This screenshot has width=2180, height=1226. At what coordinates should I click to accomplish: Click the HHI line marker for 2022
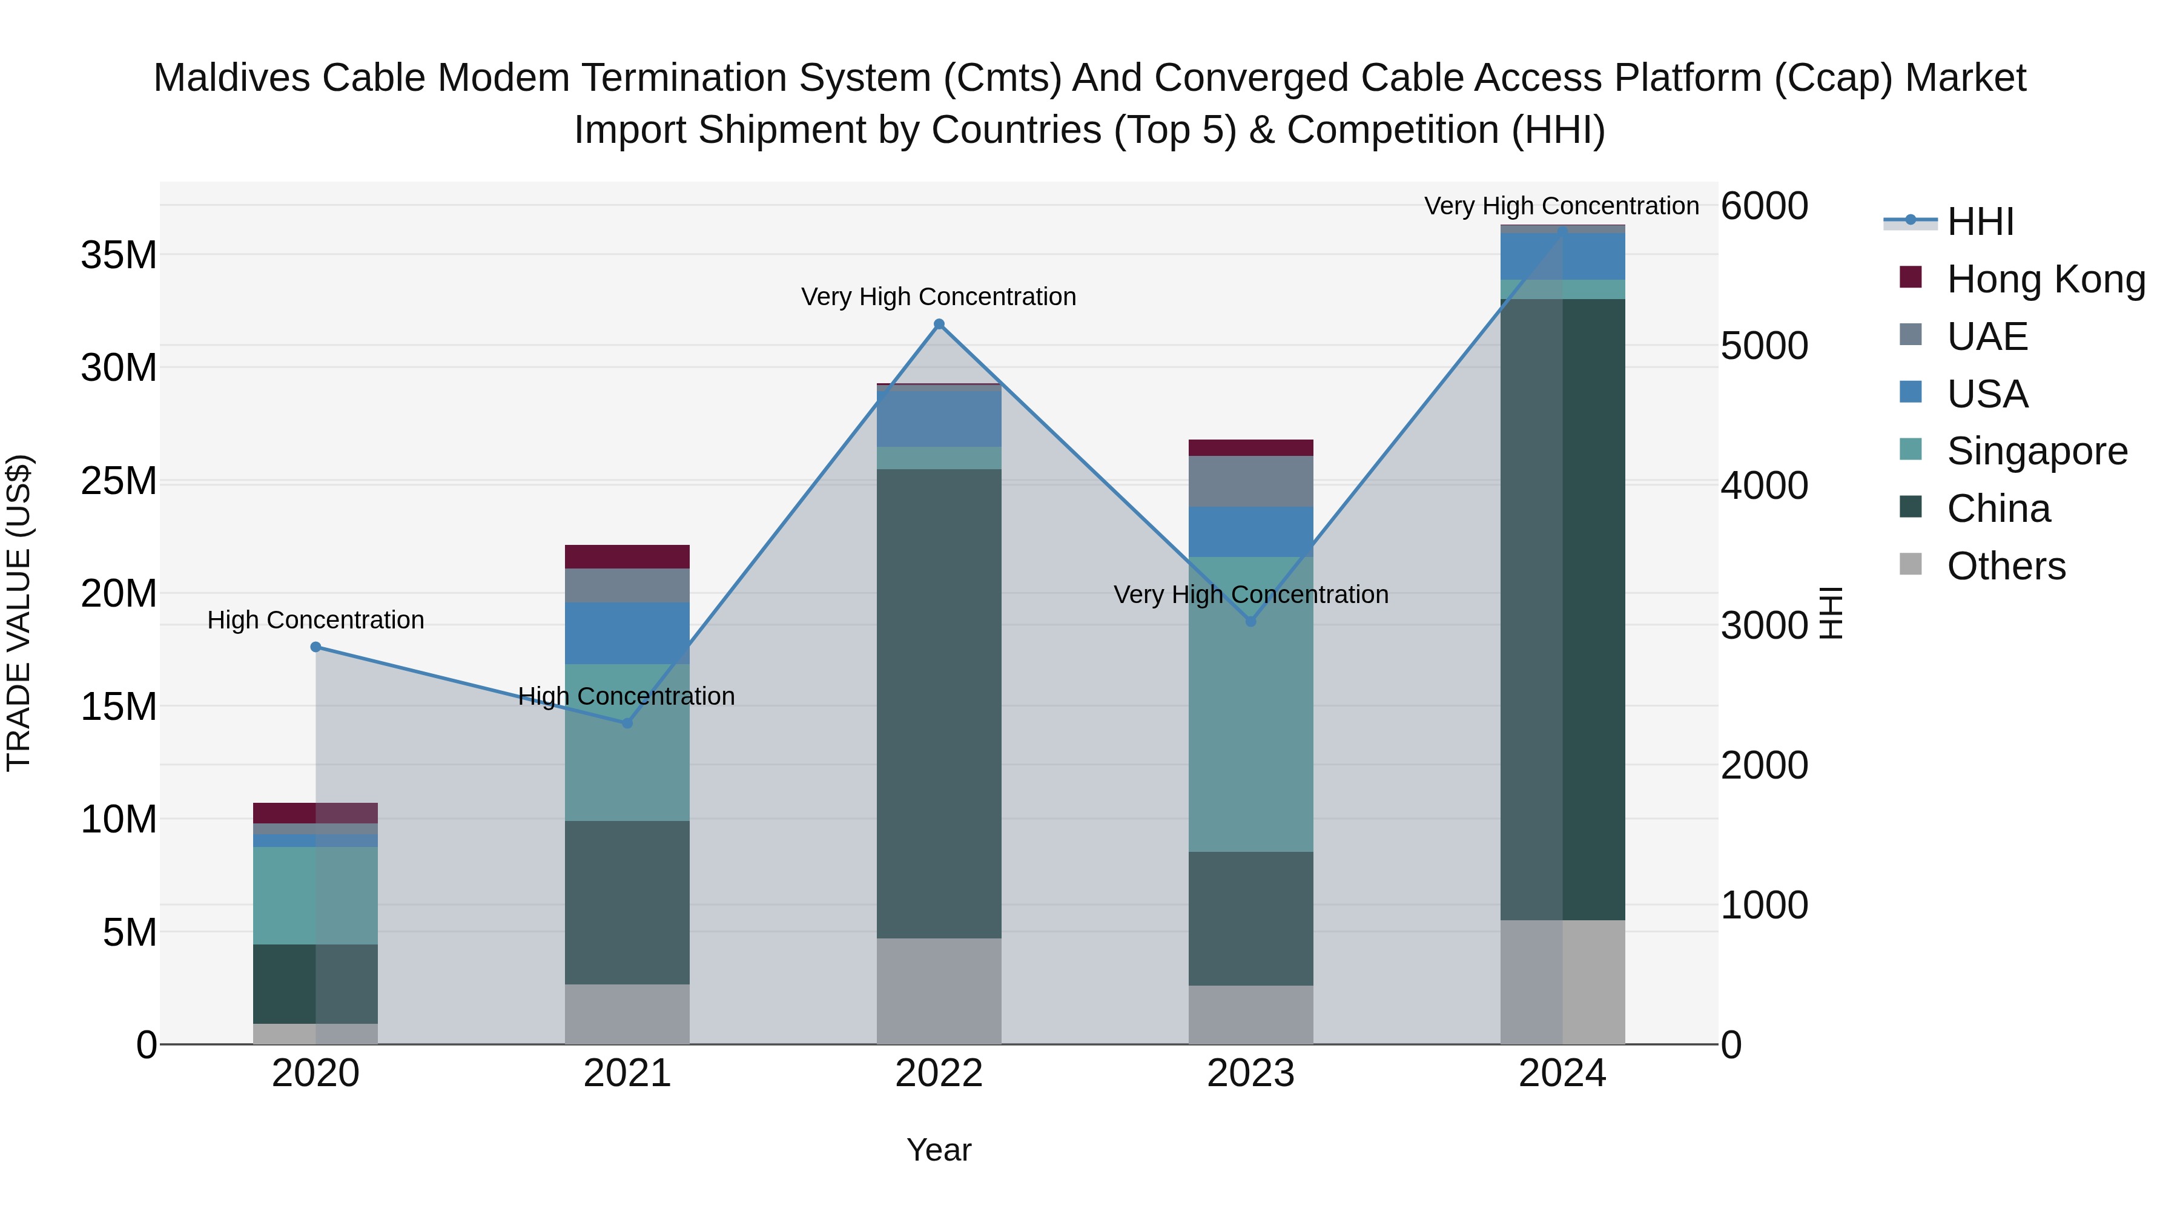coord(939,324)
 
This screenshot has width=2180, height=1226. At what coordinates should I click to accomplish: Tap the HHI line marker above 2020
coord(315,647)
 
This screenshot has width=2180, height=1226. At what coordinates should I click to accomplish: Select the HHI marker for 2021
coord(627,723)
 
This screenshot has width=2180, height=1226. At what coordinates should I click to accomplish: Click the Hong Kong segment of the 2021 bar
coord(627,557)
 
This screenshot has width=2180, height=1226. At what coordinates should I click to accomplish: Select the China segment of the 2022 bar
coord(939,702)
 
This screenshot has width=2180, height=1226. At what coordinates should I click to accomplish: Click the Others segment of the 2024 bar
coord(1562,981)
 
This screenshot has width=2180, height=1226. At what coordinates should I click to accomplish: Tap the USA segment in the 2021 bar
coord(627,633)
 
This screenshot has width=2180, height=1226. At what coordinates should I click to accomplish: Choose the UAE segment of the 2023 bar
coord(1251,481)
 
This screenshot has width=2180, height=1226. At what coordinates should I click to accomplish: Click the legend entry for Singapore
coord(2036,451)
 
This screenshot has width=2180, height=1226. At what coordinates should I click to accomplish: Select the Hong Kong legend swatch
coord(1910,277)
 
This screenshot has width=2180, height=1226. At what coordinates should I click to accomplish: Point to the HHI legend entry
coord(1980,222)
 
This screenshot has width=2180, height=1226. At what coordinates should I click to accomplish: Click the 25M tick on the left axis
coord(119,481)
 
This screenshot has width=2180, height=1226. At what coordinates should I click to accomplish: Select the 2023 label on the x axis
coord(1251,1073)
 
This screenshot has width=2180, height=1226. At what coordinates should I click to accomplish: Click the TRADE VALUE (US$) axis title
coord(19,613)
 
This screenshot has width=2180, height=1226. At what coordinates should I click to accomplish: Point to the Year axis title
coord(939,1150)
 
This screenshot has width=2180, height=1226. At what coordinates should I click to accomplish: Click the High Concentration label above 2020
coord(315,620)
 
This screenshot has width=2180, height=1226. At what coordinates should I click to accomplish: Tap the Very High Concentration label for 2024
coord(1561,206)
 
